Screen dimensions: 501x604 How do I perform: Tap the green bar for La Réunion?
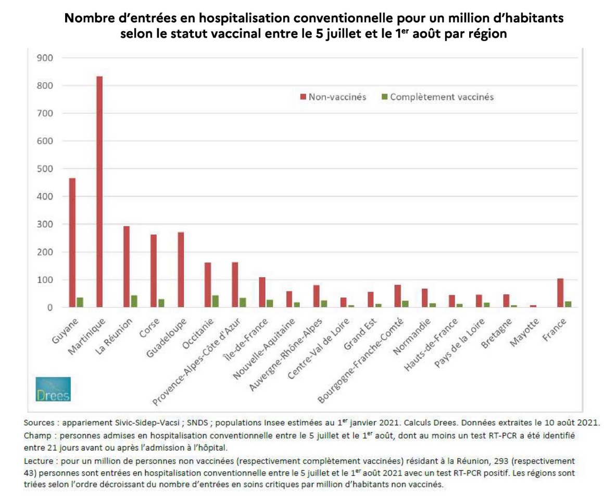[134, 302]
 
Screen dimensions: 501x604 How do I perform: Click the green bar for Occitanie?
[216, 302]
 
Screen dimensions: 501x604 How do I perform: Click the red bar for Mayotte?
[533, 306]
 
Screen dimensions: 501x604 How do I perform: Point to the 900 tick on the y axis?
[46, 58]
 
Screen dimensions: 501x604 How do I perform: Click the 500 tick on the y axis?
[46, 169]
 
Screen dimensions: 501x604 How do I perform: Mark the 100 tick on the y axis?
[46, 280]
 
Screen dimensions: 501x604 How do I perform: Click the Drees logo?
[54, 389]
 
